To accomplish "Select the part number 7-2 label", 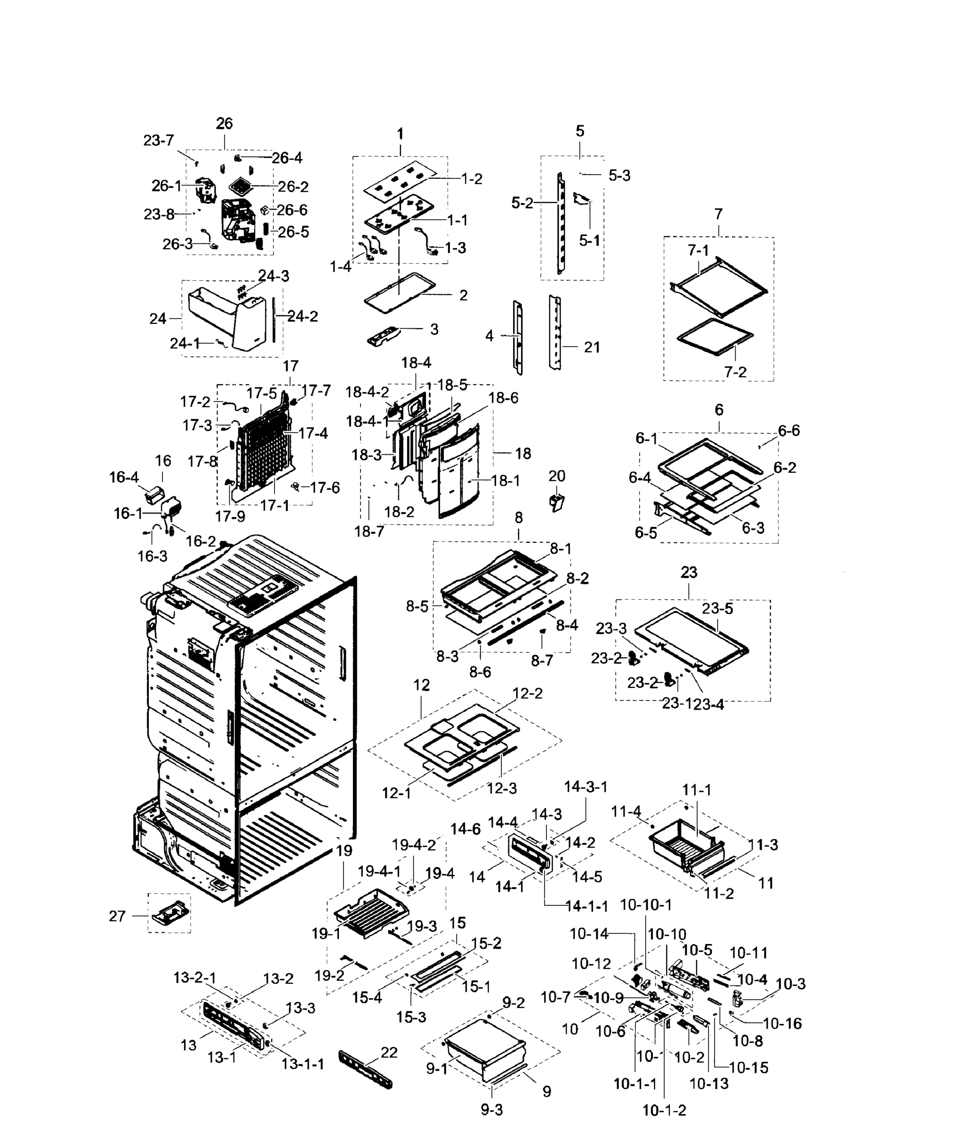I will (735, 372).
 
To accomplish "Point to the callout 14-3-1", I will (585, 787).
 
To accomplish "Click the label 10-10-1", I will (646, 905).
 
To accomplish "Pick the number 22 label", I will (389, 1052).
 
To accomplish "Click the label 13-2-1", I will (195, 978).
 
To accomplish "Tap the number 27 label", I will (117, 916).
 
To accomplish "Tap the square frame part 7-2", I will (714, 337).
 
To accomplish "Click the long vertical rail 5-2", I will (560, 224).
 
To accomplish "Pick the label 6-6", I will (788, 431).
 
